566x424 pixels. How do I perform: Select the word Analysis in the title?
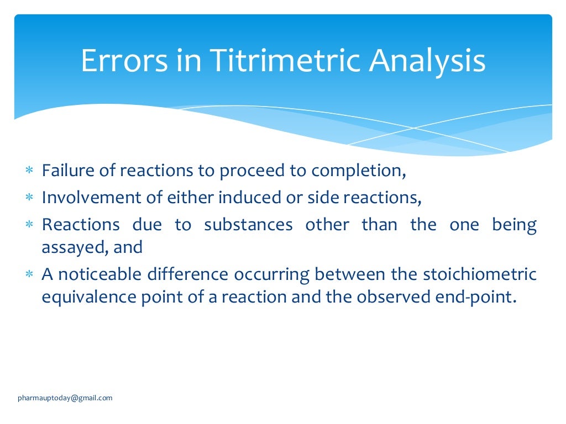coord(427,62)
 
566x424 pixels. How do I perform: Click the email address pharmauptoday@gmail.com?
coord(65,397)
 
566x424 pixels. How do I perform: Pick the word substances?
coord(248,225)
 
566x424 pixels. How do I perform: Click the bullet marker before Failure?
coord(29,171)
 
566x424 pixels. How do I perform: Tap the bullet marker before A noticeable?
coord(29,275)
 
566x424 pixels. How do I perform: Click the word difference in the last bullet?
coord(193,274)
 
